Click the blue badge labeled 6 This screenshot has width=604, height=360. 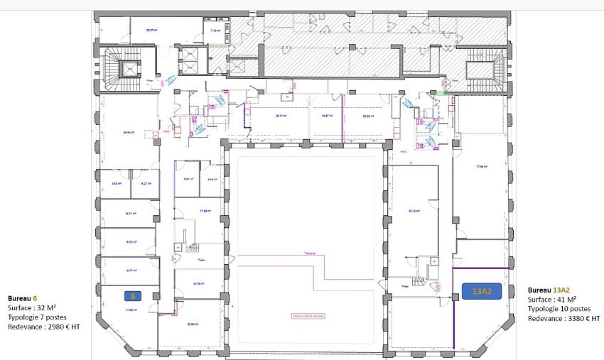(131, 295)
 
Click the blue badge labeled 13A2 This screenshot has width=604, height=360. (478, 290)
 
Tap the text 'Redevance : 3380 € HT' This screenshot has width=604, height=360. (563, 320)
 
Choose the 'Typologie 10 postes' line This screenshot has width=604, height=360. (559, 310)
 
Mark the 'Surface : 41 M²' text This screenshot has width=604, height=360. (551, 300)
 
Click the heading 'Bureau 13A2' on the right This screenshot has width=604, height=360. (550, 290)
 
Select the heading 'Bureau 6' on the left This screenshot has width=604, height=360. (23, 298)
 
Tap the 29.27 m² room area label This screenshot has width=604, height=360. (151, 31)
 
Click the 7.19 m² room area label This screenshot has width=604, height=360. (215, 31)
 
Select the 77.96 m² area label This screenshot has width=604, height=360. (483, 167)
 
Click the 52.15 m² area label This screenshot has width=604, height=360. (412, 210)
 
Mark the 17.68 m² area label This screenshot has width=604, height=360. (207, 210)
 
